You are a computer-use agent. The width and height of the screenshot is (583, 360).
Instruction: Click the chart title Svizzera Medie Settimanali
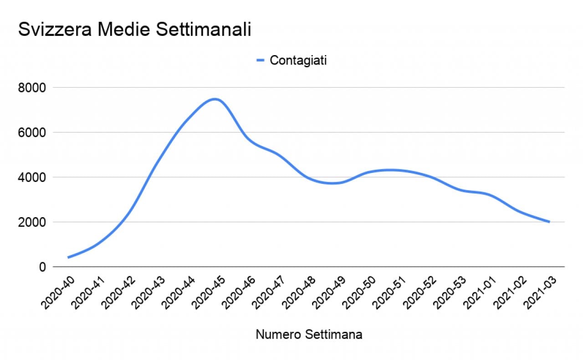coord(134,30)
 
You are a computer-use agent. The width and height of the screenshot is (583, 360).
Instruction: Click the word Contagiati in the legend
coord(298,61)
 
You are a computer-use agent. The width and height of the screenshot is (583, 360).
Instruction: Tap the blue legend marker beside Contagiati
coord(261,61)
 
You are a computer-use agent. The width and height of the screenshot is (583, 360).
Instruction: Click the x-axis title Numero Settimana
coord(309,335)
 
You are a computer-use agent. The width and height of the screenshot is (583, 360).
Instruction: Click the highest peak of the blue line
coord(215,99)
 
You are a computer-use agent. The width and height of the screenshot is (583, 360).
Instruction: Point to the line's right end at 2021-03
coord(549,222)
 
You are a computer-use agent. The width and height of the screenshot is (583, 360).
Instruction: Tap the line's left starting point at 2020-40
coord(68,257)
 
